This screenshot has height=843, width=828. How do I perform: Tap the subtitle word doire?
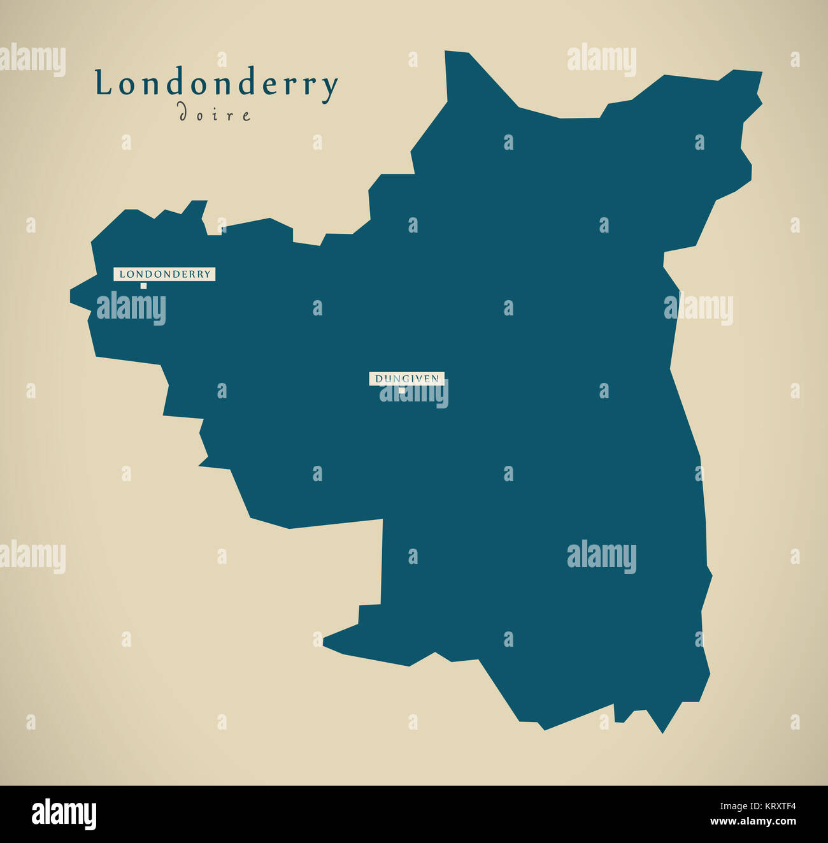(215, 114)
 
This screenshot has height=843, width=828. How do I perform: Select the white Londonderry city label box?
(164, 274)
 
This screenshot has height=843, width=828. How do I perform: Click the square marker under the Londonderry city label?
(143, 286)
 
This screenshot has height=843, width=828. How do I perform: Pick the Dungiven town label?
(406, 378)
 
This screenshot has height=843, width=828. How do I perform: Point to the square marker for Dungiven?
(401, 389)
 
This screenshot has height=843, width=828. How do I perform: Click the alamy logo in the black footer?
(64, 815)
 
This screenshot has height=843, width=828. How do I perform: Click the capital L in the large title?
(102, 84)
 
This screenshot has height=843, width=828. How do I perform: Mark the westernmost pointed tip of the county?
(71, 297)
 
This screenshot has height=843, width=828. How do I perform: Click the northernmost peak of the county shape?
(446, 52)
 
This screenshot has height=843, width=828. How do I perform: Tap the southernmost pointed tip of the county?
(662, 732)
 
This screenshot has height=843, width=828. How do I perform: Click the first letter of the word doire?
(182, 113)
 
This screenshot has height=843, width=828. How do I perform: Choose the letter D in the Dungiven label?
(378, 378)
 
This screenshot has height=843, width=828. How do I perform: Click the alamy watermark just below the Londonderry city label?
(131, 309)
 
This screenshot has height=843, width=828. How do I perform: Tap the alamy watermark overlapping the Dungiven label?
(414, 393)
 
